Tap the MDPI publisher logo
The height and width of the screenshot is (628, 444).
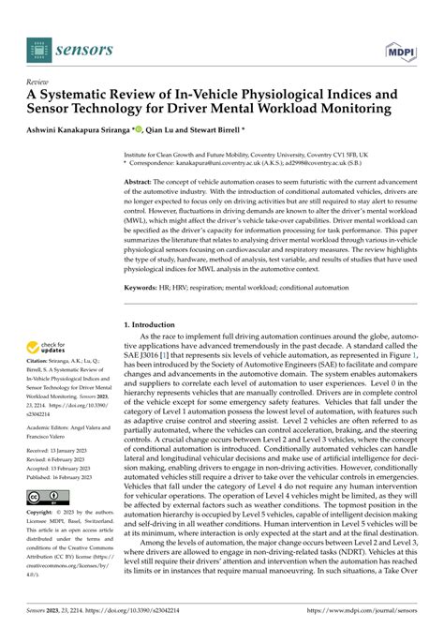point(400,45)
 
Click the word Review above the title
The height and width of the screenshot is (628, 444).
point(38,81)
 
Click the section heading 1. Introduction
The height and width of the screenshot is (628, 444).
point(158,323)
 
